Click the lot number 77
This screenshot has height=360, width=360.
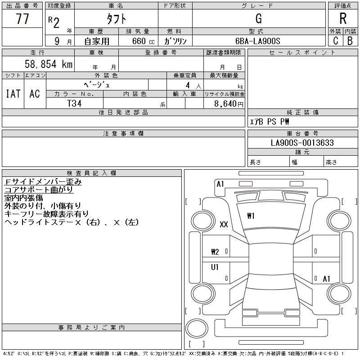click(22, 19)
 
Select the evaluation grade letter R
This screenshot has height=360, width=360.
click(343, 19)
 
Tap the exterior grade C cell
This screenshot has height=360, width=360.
click(335, 40)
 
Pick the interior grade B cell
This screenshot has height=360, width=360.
click(350, 40)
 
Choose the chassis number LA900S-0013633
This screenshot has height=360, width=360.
click(302, 143)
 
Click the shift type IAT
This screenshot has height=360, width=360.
click(13, 94)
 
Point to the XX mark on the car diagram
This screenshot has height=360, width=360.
click(224, 225)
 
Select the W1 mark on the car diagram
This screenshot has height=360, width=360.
click(251, 216)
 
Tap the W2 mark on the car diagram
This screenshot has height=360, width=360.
click(215, 252)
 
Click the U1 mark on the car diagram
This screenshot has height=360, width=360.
click(215, 267)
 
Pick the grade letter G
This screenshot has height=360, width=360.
click(258, 19)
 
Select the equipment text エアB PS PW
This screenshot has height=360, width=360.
click(270, 121)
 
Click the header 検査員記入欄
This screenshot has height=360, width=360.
click(91, 173)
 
